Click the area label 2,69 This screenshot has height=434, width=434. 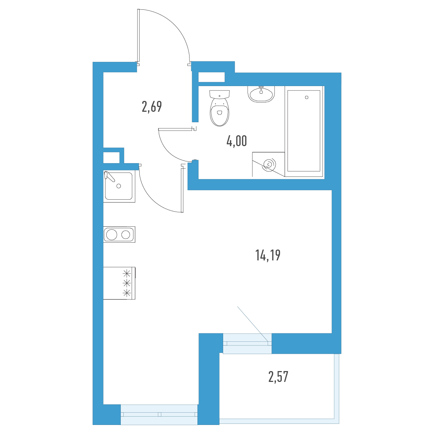(x=152, y=107)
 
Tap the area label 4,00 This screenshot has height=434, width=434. (x=237, y=141)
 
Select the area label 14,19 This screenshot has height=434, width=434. (x=268, y=255)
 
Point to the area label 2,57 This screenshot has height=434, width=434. (x=278, y=377)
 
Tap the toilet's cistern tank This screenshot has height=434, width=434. (x=220, y=94)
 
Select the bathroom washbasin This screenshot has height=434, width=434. (x=261, y=94)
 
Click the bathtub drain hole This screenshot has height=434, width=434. (x=307, y=98)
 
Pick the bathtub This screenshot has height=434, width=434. (x=304, y=131)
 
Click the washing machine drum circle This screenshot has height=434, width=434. (x=269, y=164)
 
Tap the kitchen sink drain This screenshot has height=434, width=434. (x=119, y=186)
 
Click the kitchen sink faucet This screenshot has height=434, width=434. (x=110, y=176)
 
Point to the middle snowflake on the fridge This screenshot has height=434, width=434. (x=127, y=282)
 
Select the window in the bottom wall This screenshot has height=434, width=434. (x=159, y=414)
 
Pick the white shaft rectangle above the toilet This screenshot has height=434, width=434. (x=212, y=77)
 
